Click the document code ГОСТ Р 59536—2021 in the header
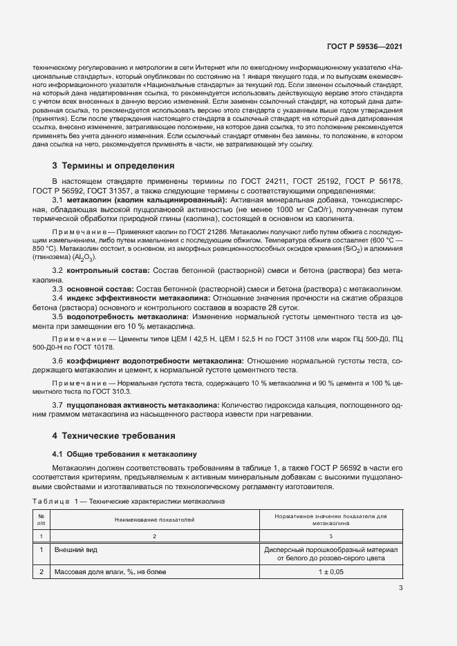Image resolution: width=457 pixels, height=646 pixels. [364, 47]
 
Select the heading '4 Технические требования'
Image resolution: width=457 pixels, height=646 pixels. [111, 436]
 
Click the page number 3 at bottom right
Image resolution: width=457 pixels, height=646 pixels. [400, 589]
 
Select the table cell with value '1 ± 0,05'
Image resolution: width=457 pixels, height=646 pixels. [330, 572]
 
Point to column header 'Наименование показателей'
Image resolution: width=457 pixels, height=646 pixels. [155, 517]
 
